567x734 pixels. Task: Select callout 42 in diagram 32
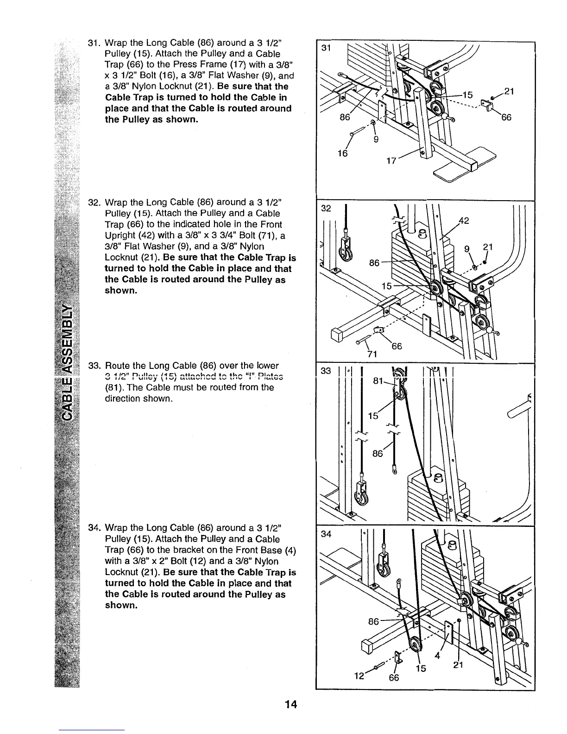tap(464, 222)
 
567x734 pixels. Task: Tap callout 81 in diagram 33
tap(379, 381)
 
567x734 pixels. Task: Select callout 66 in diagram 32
tap(396, 347)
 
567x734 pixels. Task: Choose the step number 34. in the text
tap(94, 528)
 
